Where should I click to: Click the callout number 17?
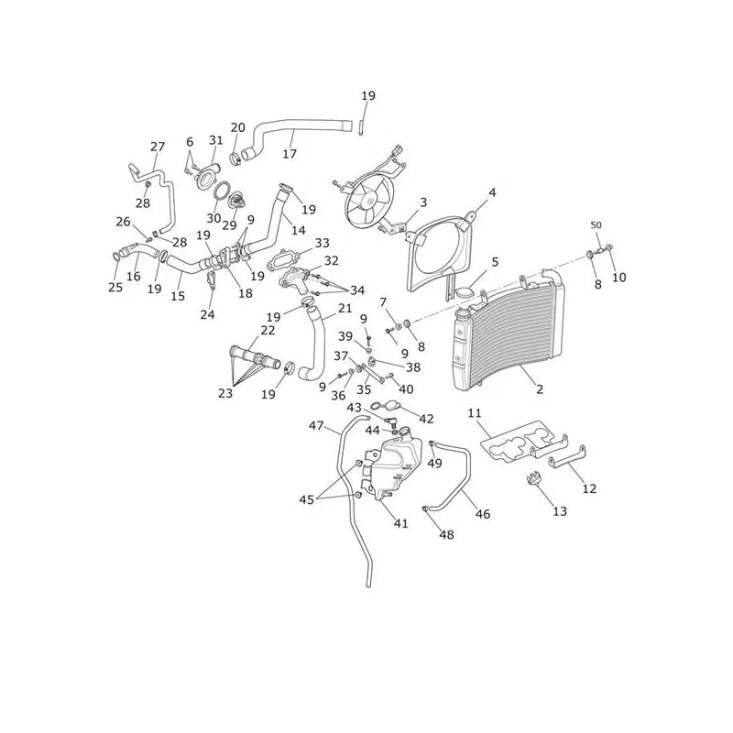(x=290, y=153)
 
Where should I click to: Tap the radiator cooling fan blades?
(x=369, y=202)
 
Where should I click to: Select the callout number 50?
(x=596, y=224)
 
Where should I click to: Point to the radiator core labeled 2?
(x=509, y=332)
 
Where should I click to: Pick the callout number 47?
(x=316, y=426)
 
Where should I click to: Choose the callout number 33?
(x=322, y=243)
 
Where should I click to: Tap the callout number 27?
(x=158, y=147)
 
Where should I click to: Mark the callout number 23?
(x=224, y=393)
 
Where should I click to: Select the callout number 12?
(x=589, y=488)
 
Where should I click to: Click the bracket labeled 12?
(x=566, y=458)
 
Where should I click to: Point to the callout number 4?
(x=492, y=192)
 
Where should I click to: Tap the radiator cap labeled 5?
(x=464, y=293)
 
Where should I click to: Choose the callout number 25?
(x=115, y=287)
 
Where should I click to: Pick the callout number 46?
(x=483, y=514)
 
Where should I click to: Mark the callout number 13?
(x=560, y=511)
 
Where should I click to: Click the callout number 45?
(x=306, y=499)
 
